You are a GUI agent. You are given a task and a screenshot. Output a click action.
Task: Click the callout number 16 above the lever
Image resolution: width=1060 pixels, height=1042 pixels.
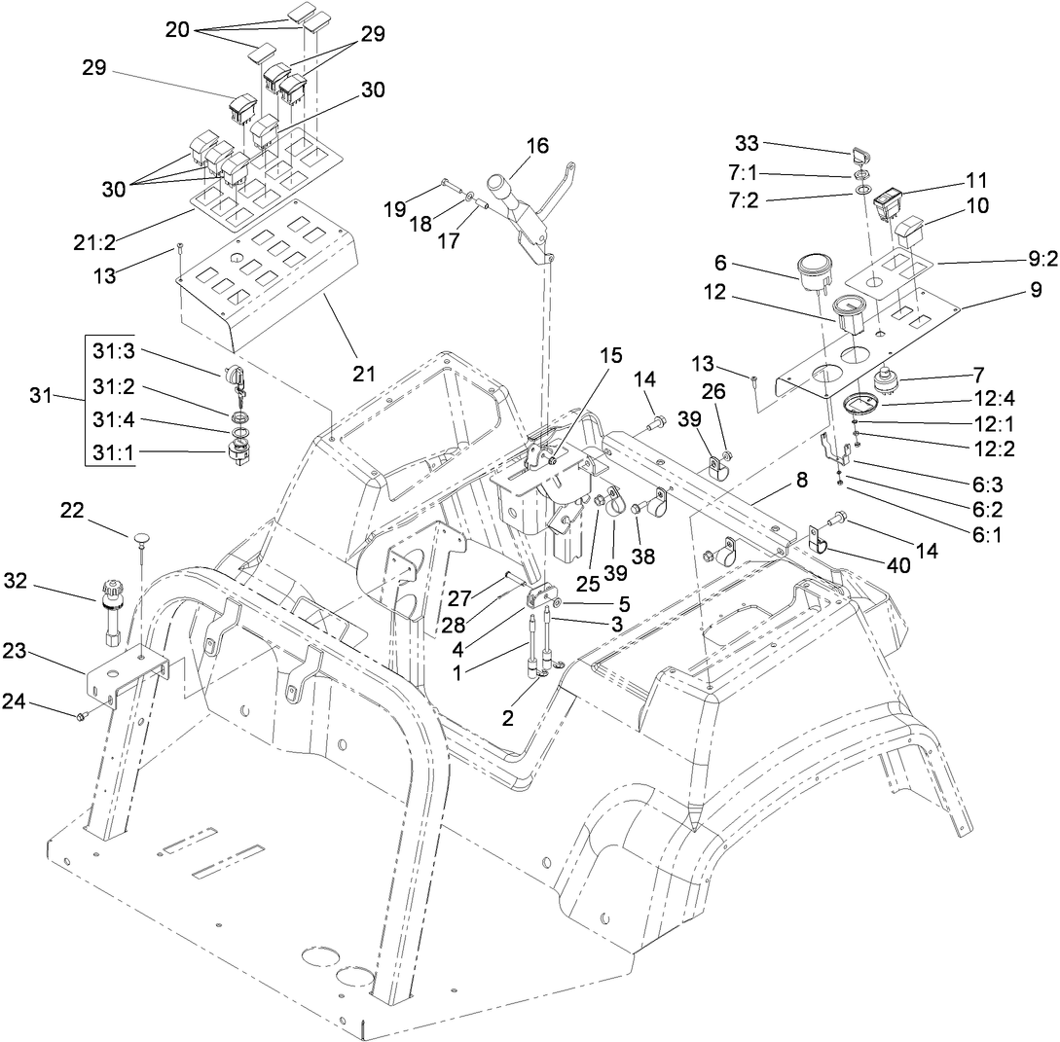point(537,146)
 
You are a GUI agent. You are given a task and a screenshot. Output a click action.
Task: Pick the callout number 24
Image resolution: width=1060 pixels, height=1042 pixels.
point(36,701)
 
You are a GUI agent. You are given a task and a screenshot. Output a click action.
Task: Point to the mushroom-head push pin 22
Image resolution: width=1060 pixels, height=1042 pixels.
point(142,537)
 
